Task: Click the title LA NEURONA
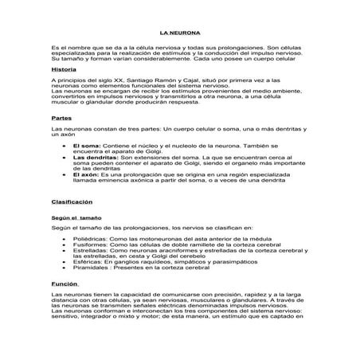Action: click(x=179, y=34)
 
